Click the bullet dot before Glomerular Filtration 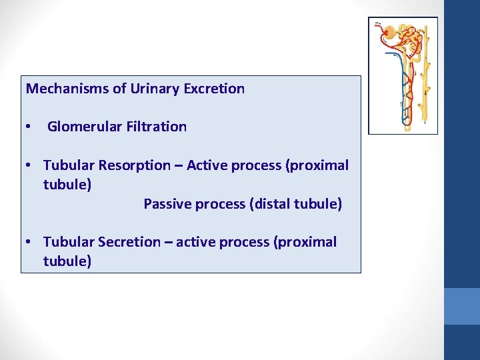(28, 127)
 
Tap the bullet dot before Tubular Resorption (28, 166)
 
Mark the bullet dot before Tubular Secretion (28, 243)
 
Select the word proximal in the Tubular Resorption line (321, 165)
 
